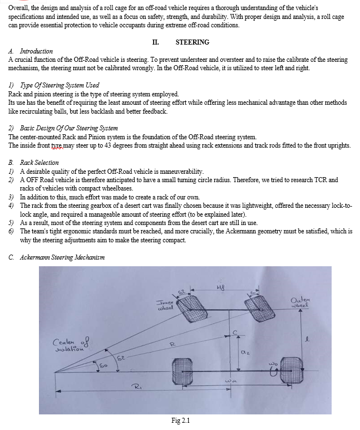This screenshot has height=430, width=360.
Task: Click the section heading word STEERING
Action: pyautogui.click(x=192, y=42)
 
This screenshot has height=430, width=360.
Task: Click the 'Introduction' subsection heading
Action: pyautogui.click(x=36, y=51)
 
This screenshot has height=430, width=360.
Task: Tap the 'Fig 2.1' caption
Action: pyautogui.click(x=181, y=421)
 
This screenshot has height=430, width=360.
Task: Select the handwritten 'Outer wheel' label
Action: pyautogui.click(x=302, y=304)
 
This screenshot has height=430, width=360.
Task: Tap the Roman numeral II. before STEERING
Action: pyautogui.click(x=155, y=42)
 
